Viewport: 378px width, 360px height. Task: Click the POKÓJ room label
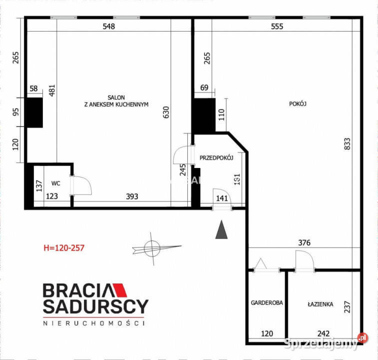297,104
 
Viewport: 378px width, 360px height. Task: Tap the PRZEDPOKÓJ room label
217,157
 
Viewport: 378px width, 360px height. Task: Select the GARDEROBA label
267,302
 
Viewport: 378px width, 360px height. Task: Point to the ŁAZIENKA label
321,303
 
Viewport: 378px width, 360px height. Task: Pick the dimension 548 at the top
108,26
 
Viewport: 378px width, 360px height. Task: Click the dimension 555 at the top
277,26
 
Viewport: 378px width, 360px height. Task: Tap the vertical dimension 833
348,144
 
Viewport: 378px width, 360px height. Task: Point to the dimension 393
131,196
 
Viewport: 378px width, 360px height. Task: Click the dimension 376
304,243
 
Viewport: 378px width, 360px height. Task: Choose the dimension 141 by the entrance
222,198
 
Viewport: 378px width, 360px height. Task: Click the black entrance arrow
221,230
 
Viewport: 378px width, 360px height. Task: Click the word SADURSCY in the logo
95,306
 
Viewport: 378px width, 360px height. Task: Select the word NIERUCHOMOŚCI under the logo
93,323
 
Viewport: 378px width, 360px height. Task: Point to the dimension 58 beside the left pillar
34,89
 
